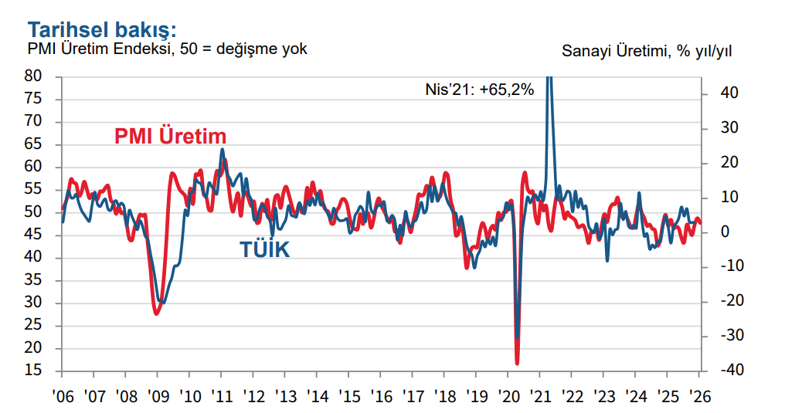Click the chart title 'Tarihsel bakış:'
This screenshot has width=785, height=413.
[102, 29]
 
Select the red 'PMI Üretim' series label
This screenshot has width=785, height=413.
[170, 136]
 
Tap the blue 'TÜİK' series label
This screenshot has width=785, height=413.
[264, 249]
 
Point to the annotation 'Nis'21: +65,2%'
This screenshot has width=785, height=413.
[480, 89]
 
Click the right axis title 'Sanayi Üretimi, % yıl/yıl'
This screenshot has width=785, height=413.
[647, 51]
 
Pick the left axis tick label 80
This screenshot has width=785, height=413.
[33, 76]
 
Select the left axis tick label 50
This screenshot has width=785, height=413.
[33, 212]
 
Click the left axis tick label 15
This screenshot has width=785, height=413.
[33, 371]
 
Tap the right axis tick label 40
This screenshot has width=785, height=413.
[729, 93]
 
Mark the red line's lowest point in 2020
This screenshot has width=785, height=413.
[517, 363]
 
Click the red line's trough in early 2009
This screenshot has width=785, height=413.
[156, 313]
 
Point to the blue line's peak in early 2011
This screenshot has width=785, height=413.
[222, 150]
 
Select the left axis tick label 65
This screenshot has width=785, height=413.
[33, 144]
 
